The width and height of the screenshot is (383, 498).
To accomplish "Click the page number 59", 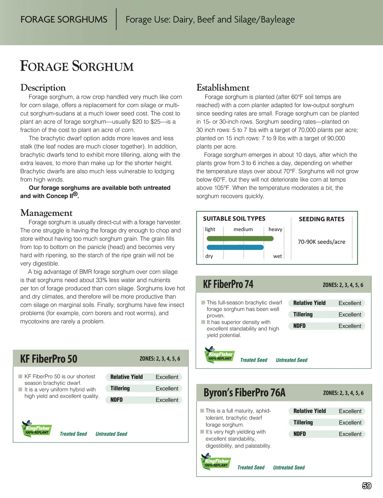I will pos(367,486).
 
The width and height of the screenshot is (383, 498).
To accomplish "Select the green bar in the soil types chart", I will pos(240,238).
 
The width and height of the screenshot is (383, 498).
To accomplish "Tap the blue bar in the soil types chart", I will pos(235,247).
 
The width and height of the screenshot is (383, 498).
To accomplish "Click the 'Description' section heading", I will pos(43,88).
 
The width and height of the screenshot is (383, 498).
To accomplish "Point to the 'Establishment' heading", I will pos(223,88).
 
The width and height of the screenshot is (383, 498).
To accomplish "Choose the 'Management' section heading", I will pos(46,213).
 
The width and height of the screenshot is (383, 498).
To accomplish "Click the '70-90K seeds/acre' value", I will pos(321,242).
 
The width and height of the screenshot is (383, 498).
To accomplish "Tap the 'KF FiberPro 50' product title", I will pos(49,359).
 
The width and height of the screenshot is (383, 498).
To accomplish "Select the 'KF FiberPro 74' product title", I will pos(228,284).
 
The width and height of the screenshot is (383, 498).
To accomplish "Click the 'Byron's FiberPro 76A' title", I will pos(244,393).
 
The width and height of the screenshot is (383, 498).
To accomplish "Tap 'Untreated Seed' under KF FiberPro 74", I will pos(291,360).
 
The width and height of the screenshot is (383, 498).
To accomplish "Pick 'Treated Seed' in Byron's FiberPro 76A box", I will pos(251,468).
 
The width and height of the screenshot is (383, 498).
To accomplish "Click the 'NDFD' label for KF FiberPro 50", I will pos(116,400).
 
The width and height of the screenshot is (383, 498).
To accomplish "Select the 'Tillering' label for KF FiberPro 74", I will pos(303,315).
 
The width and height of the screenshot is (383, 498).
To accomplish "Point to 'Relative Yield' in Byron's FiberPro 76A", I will pos(310,411).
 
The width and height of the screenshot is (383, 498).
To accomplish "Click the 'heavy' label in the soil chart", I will pos(275,229).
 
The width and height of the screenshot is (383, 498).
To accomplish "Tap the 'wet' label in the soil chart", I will pos(277,256).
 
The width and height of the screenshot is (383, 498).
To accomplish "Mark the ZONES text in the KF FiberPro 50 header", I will pos(160,359).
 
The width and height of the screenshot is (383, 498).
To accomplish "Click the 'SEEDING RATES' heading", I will pos(321,219).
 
